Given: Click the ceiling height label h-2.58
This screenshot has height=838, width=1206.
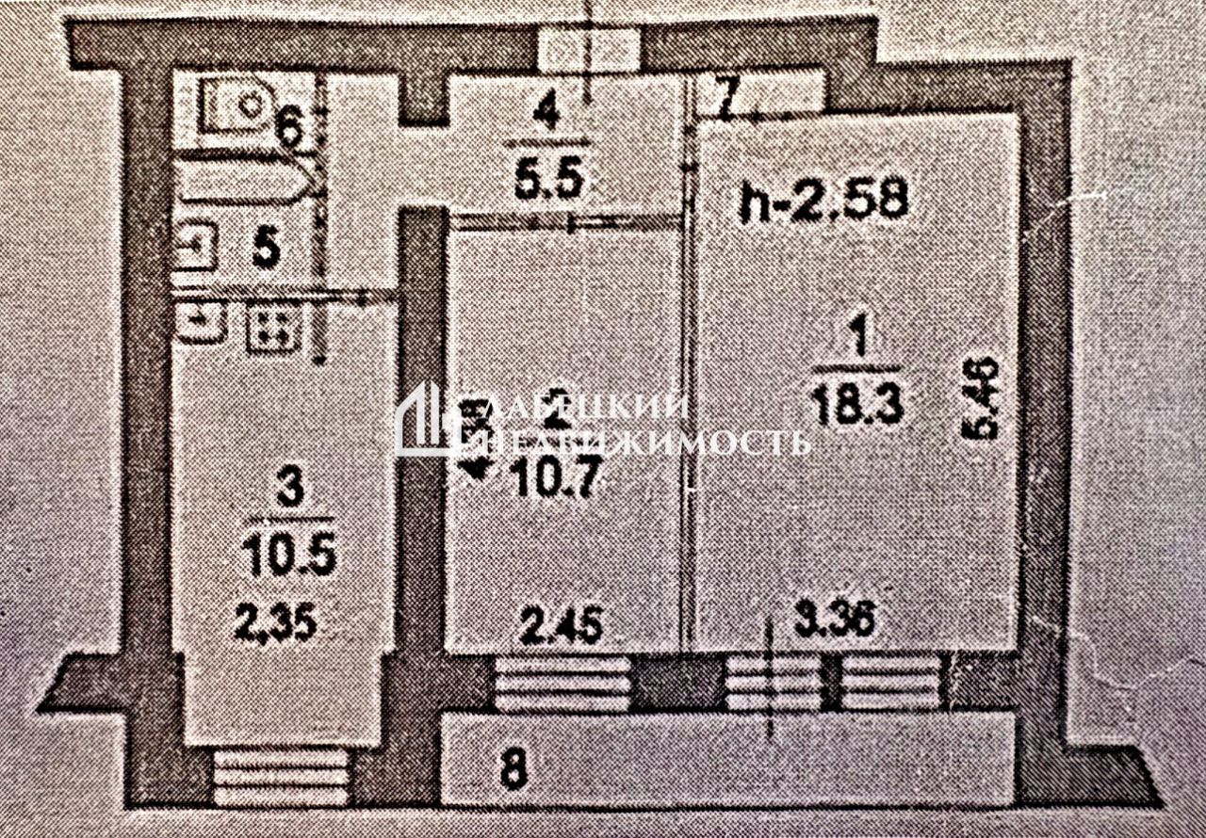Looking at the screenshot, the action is click(x=823, y=201).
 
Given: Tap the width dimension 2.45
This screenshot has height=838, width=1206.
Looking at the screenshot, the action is click(x=562, y=625).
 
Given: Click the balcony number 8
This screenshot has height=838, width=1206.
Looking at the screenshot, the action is click(x=512, y=771).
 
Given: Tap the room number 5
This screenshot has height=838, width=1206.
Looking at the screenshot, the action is click(x=267, y=250).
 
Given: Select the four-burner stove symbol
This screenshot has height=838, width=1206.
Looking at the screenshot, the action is click(x=274, y=327).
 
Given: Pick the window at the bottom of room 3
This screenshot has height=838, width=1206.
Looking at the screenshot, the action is click(x=282, y=774).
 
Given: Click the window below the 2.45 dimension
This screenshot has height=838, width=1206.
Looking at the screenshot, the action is click(x=562, y=683).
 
